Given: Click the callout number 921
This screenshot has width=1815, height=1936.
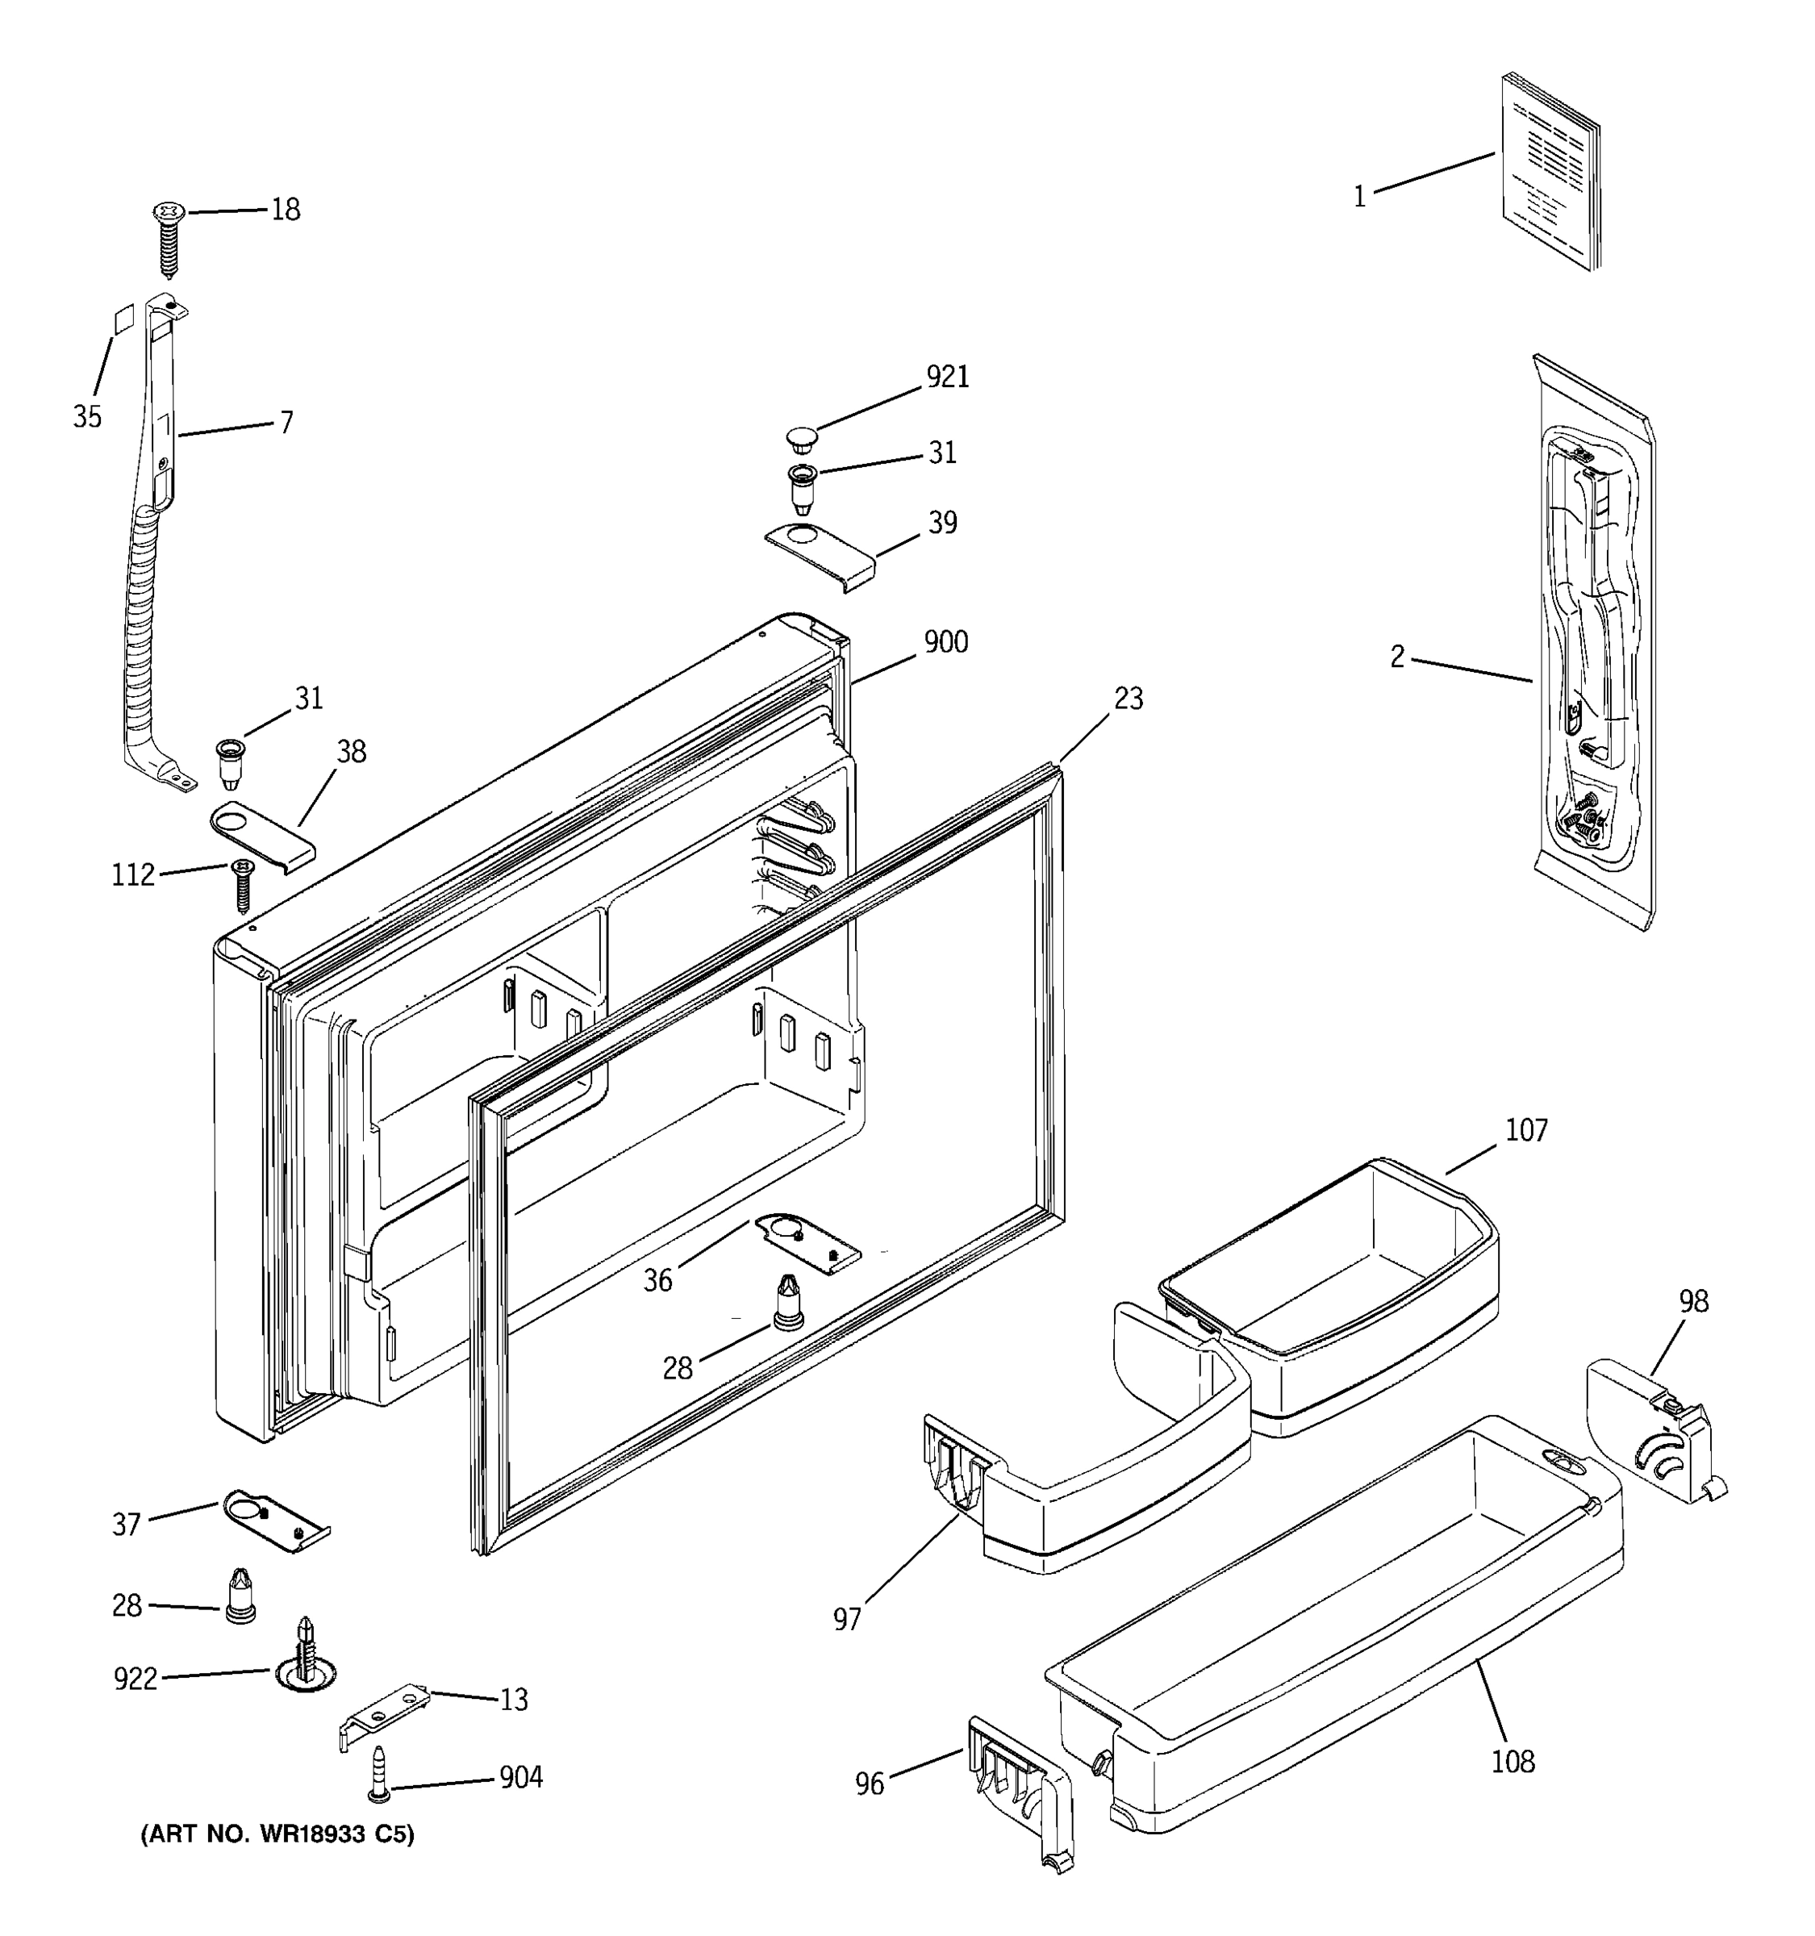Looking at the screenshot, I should coord(946,377).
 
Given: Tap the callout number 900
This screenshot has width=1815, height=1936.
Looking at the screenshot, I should coord(945,643).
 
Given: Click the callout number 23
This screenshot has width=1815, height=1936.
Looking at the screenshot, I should coord(1128,699).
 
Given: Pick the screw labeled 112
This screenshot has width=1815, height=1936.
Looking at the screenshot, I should coord(241,883).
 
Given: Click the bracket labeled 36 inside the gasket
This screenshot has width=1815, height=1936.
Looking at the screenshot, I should coord(807,1242).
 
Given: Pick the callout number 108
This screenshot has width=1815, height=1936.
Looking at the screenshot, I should coord(1512,1761).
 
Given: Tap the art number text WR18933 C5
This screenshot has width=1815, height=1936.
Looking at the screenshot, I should coord(278,1834).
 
